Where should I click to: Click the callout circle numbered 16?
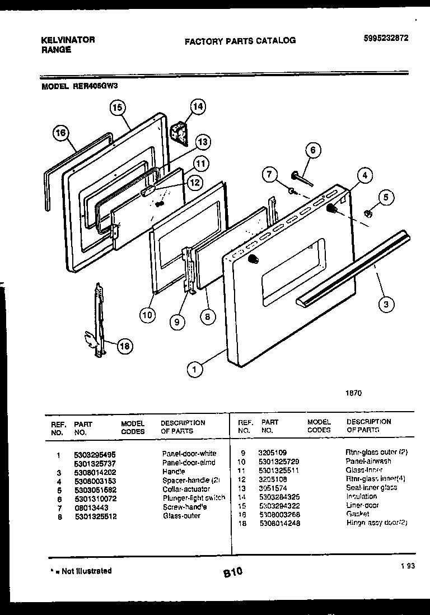(x=61, y=133)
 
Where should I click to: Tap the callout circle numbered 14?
(x=198, y=106)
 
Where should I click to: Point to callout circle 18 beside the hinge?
(x=124, y=347)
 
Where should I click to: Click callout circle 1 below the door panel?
(x=194, y=369)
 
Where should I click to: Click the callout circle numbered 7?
(x=270, y=175)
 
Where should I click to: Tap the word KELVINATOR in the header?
(x=68, y=40)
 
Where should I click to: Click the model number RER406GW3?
(x=95, y=87)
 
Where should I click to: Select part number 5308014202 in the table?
(x=95, y=472)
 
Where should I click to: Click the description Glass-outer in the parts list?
(x=181, y=516)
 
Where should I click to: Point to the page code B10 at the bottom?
(x=233, y=572)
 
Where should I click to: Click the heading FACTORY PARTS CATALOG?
(x=240, y=40)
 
